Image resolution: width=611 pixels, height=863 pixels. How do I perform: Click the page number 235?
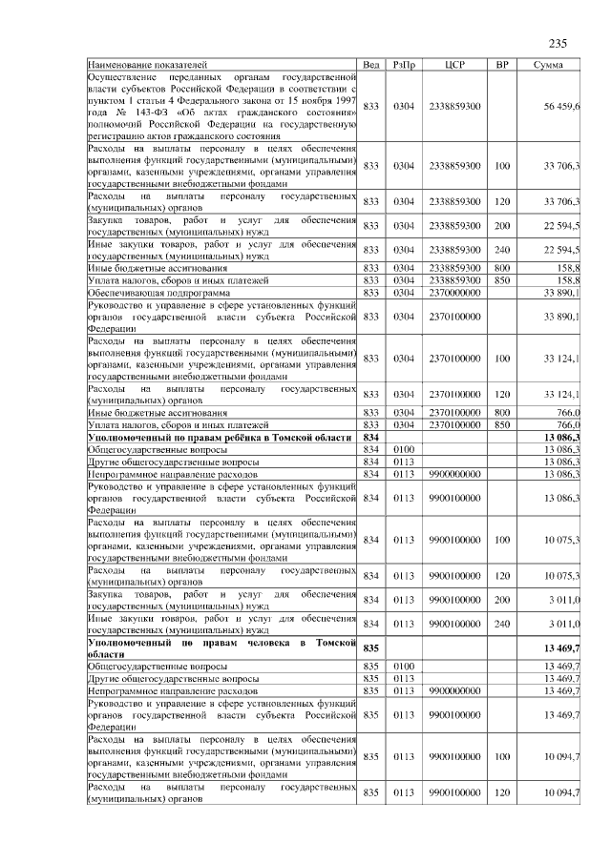pos(558,44)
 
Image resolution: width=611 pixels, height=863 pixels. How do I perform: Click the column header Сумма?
pos(548,64)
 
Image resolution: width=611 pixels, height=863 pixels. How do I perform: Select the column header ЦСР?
pos(454,64)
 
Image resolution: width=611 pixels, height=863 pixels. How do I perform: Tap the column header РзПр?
pos(403,64)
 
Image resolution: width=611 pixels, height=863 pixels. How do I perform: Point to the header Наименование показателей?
pos(139,64)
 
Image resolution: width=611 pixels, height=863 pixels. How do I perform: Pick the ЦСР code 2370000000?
pos(454,293)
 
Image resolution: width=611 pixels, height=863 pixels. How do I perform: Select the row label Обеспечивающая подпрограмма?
pos(154,293)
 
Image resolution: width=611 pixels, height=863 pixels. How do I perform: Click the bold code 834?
pos(371,436)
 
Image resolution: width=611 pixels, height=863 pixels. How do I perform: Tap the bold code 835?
pos(371,647)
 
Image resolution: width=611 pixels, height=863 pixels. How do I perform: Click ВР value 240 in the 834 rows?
pos(502,624)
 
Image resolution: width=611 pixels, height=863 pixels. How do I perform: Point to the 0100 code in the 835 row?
pos(403,666)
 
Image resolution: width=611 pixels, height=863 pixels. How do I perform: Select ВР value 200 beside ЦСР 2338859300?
pos(502,226)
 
